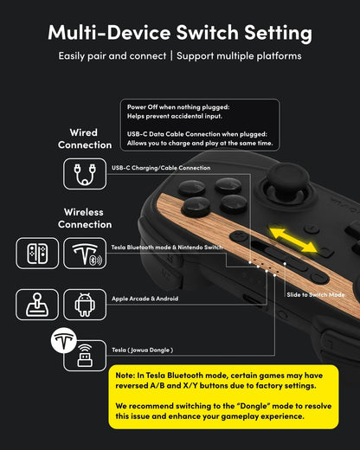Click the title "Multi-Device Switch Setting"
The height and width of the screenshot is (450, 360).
(180, 33)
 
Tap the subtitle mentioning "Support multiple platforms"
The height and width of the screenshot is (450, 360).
(180, 56)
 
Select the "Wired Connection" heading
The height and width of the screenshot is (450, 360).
(84, 138)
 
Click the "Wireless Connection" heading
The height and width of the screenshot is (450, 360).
(84, 217)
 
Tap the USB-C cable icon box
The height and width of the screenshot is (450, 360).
(84, 172)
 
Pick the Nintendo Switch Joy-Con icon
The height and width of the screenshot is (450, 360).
(37, 252)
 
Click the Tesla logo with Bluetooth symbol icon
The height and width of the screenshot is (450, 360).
(84, 252)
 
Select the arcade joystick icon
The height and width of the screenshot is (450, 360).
(37, 304)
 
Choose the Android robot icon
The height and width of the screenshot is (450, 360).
(84, 304)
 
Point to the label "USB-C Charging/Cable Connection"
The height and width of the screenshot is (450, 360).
(160, 168)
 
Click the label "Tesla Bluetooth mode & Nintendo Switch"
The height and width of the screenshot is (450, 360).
(167, 247)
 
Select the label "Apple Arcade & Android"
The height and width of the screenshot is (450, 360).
(146, 299)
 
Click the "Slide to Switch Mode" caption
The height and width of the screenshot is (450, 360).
(315, 295)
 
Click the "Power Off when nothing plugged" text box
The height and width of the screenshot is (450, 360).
(199, 125)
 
